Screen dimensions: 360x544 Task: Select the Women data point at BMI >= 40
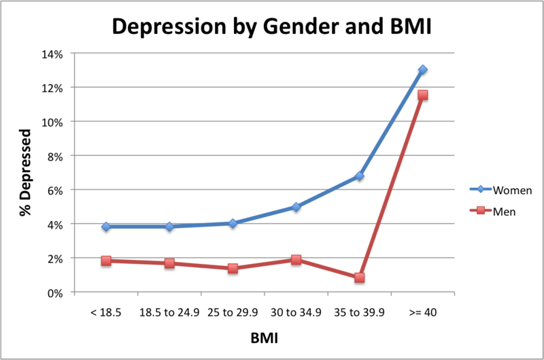[x=423, y=69]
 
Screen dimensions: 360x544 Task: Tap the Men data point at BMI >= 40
[x=423, y=95]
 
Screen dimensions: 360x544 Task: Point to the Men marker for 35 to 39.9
[x=359, y=278]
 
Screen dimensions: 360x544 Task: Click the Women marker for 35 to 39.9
[x=359, y=176]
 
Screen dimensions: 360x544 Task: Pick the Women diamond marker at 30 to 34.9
[x=296, y=207]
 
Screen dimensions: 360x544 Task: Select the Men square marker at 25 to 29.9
[x=233, y=268]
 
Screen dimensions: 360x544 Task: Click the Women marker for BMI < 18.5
[x=106, y=227]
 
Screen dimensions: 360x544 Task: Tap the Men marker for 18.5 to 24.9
[x=169, y=263]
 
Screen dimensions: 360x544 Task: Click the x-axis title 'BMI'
[x=265, y=338]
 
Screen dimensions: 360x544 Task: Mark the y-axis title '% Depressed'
[x=25, y=173]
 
